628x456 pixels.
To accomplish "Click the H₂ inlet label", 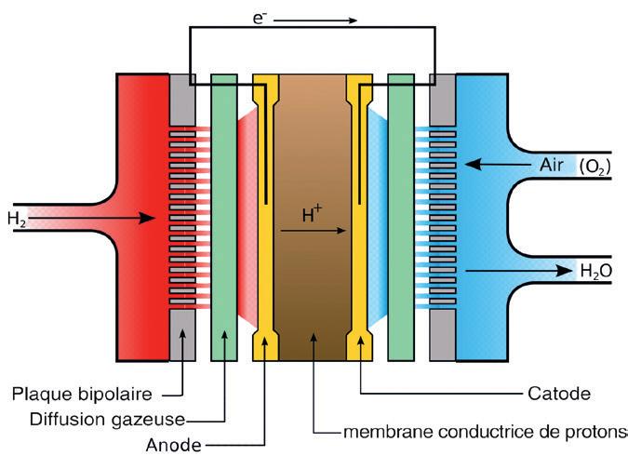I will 17,220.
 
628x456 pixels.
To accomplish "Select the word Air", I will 550,165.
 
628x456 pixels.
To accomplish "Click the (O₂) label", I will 595,167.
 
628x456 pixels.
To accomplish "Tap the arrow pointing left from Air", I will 494,165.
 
